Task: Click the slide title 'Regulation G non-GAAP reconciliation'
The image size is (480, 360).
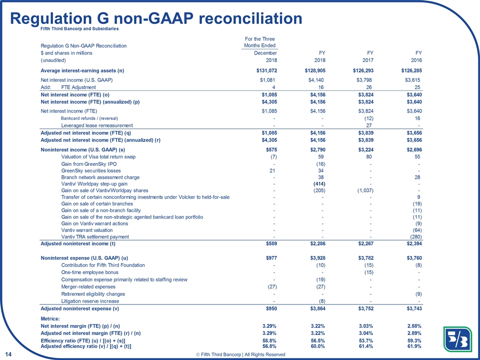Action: pyautogui.click(x=156, y=18)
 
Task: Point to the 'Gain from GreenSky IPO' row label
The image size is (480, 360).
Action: pyautogui.click(x=89, y=164)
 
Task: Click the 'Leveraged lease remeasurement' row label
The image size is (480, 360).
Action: pyautogui.click(x=97, y=125)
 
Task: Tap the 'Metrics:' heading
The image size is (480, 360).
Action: pyautogui.click(x=50, y=318)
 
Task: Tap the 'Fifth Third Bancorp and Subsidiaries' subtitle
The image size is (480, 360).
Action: pyautogui.click(x=79, y=28)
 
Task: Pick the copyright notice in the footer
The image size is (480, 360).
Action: pyautogui.click(x=241, y=354)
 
